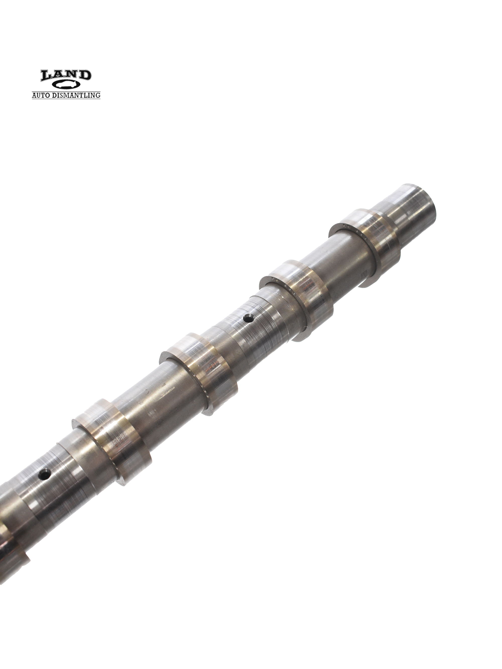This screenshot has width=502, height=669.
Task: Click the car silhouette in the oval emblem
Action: [66, 85]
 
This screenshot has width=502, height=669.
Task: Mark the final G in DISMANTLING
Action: [98, 95]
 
